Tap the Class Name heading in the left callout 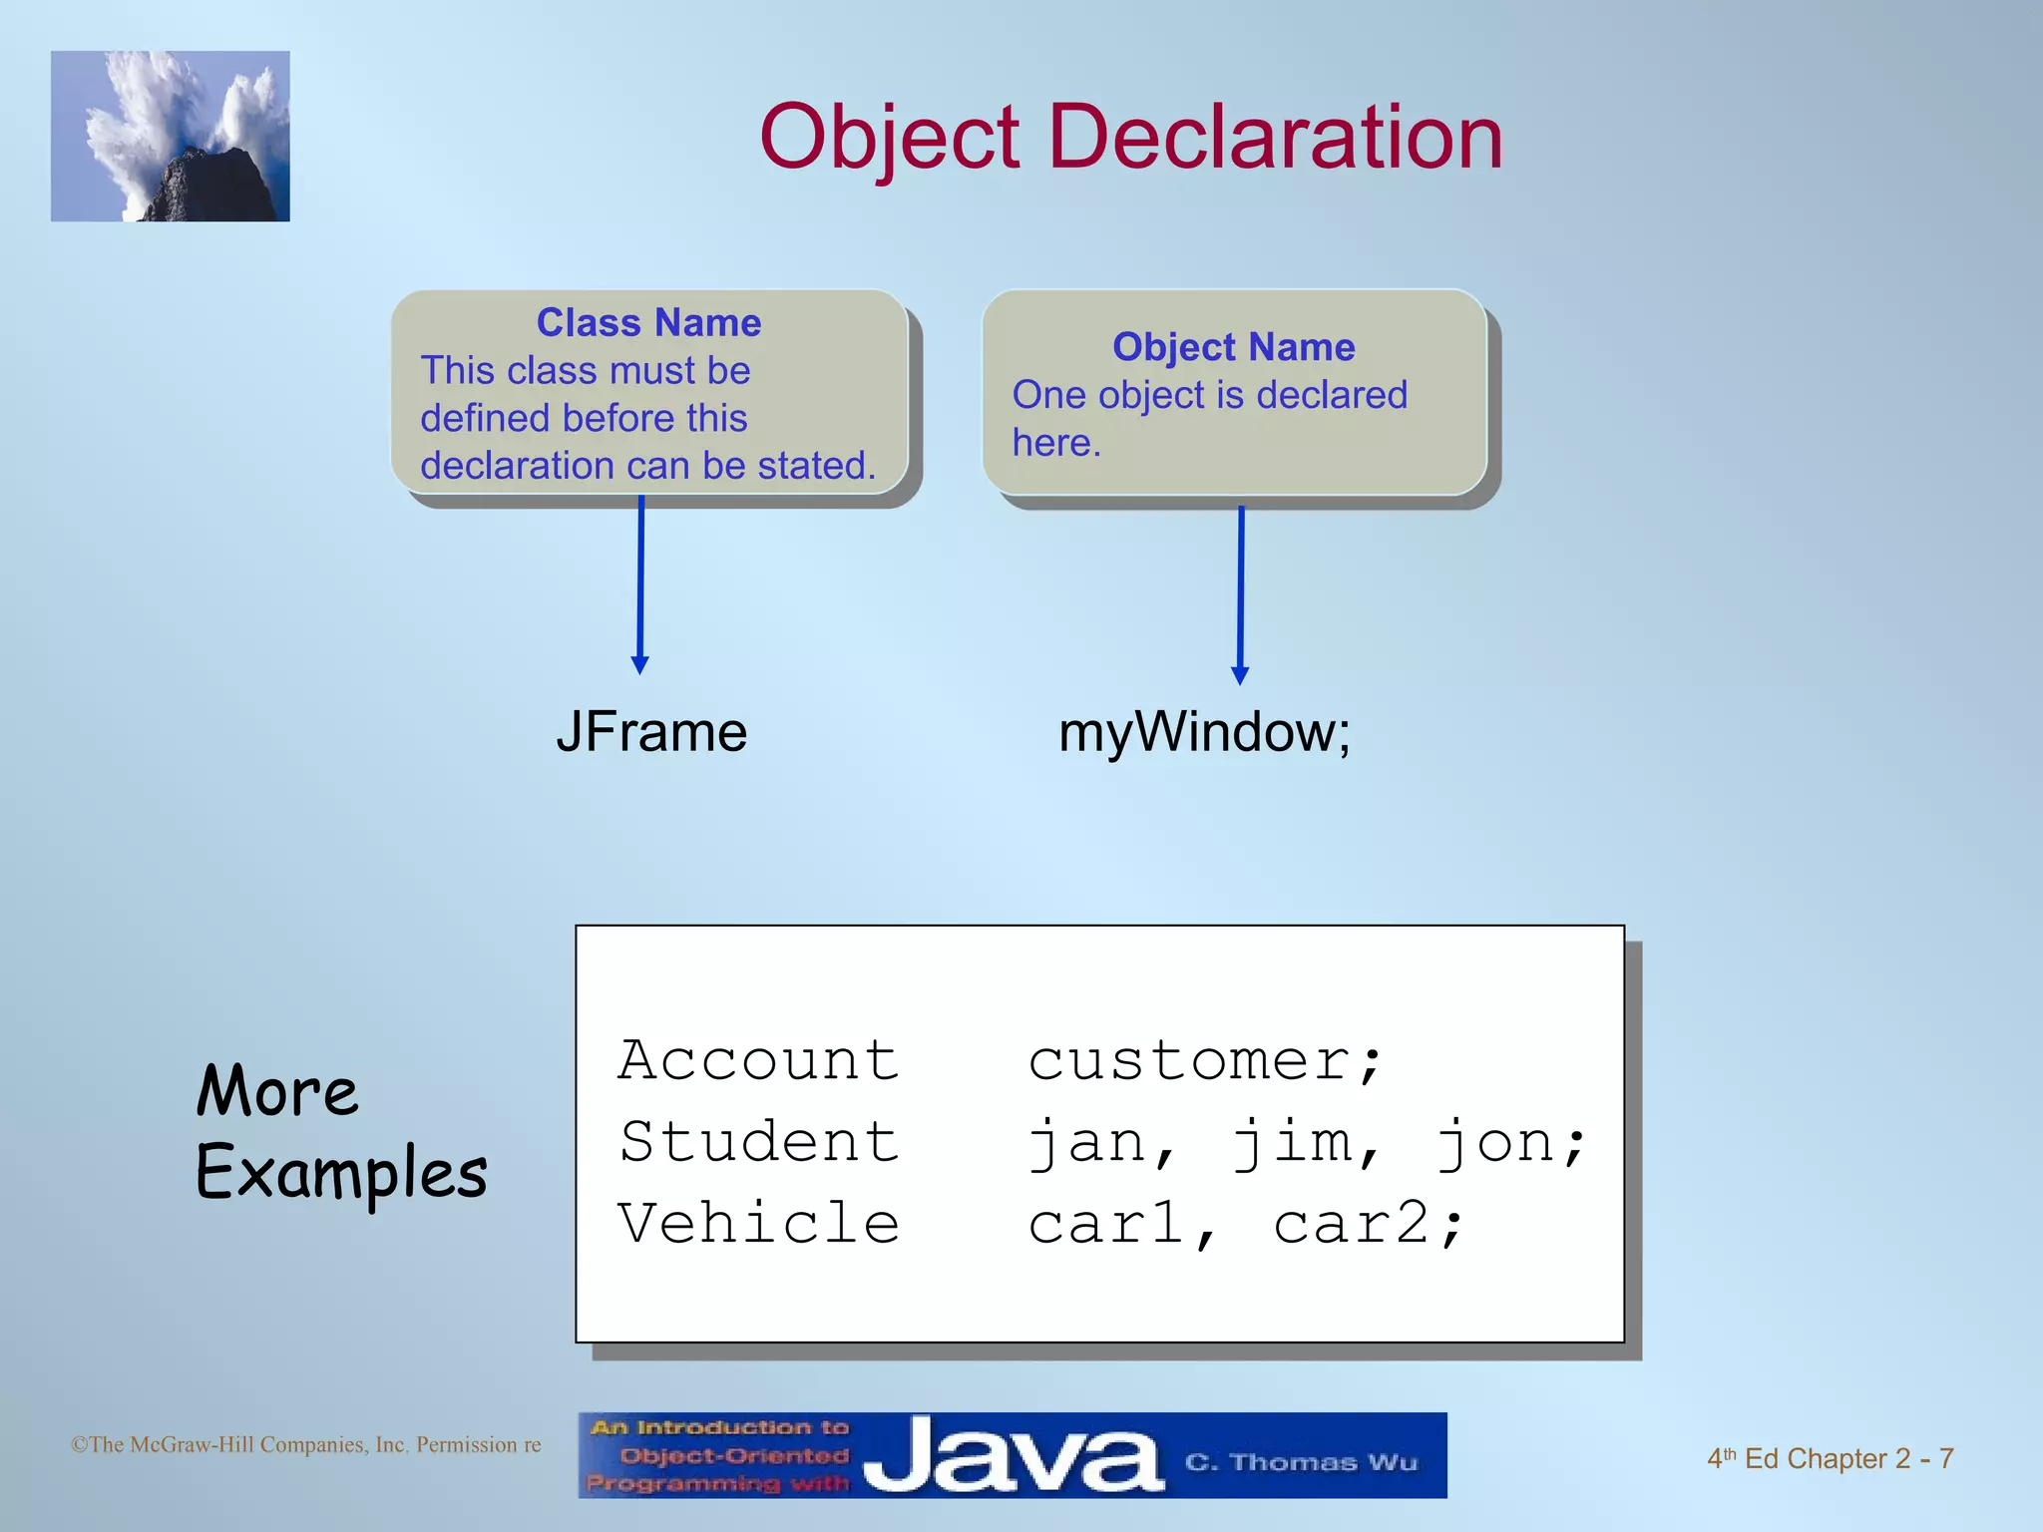[648, 323]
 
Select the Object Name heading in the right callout [1233, 347]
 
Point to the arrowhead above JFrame [640, 664]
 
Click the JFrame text [651, 732]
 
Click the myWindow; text [1204, 732]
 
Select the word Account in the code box [758, 1059]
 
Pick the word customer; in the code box [1205, 1059]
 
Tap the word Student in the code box [758, 1141]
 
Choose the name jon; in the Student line [1509, 1141]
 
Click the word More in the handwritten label [276, 1091]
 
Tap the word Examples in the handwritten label [341, 1173]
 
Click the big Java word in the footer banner [1013, 1456]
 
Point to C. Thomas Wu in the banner [1301, 1462]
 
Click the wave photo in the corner [171, 137]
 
